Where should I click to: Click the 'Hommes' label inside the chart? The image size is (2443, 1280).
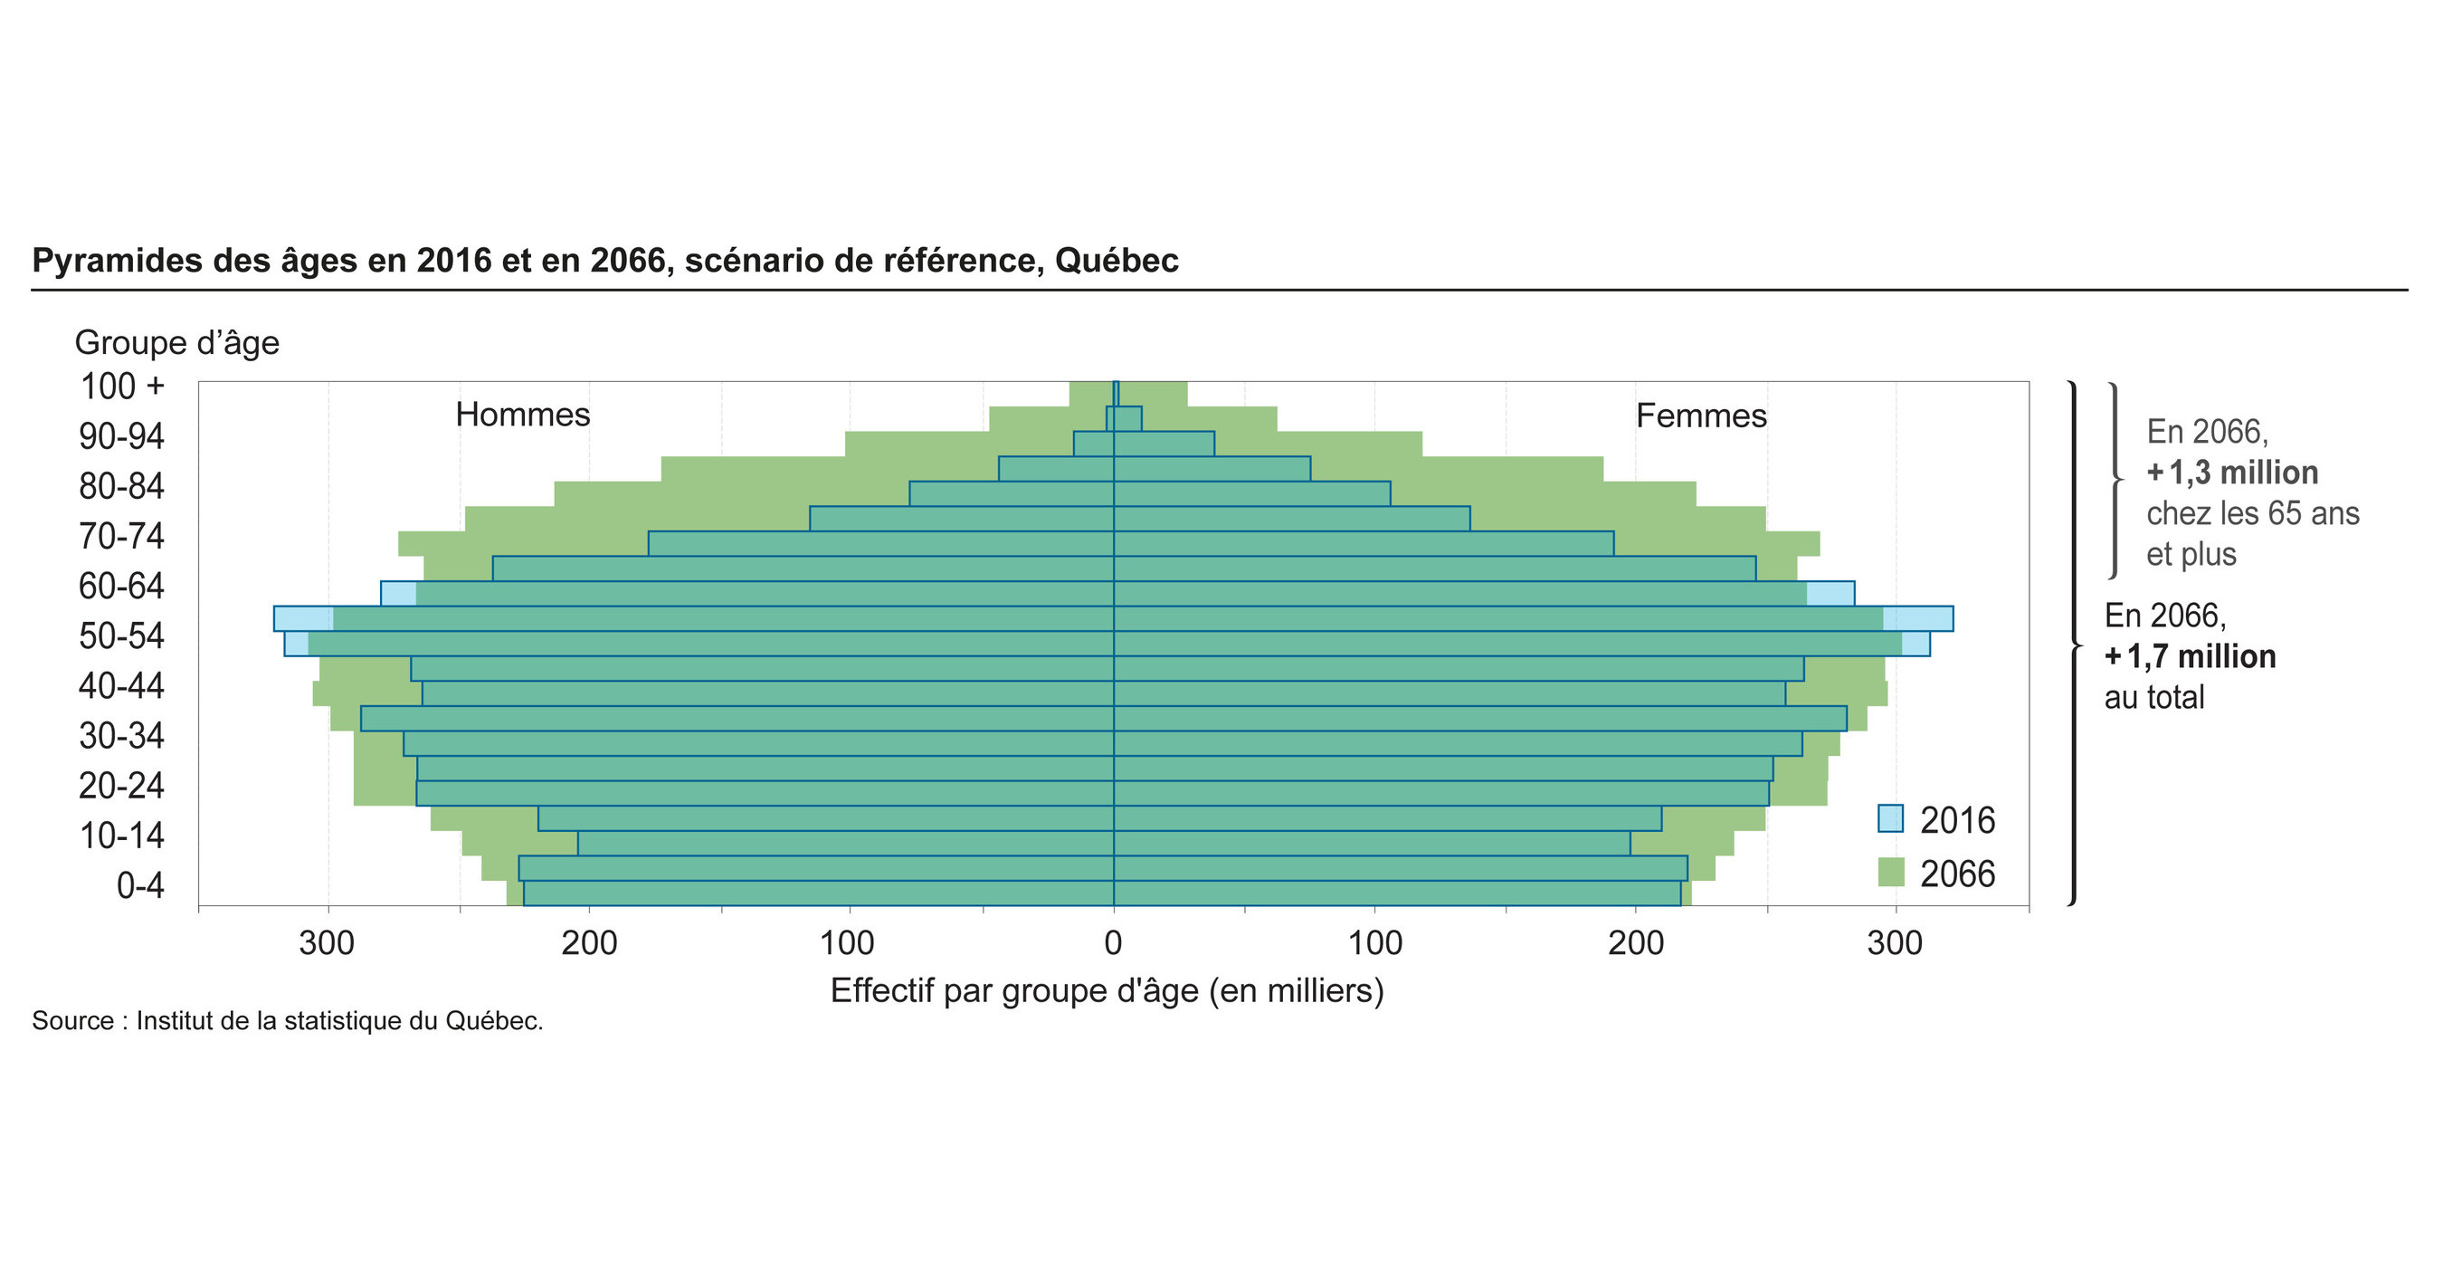click(x=523, y=415)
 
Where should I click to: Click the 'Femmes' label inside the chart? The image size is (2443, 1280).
click(x=1701, y=416)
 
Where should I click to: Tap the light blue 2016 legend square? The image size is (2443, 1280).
click(x=1890, y=818)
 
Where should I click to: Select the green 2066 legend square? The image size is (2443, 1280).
click(x=1890, y=872)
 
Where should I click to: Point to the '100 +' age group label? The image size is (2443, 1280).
click(x=122, y=387)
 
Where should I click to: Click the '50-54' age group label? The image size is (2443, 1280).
click(x=121, y=635)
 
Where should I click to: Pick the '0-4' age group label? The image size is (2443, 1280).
click(x=140, y=885)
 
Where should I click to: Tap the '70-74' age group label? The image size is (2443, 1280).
click(x=121, y=536)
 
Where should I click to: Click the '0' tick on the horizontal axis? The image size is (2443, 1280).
click(x=1114, y=943)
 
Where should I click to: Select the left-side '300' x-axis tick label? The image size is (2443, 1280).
click(x=328, y=943)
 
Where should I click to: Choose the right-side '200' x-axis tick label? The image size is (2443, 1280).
click(x=1636, y=943)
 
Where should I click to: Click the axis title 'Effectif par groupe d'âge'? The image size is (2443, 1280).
click(x=1107, y=990)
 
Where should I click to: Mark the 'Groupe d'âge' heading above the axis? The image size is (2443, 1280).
click(x=176, y=342)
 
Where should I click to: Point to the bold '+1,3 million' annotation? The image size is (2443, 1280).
click(x=2232, y=473)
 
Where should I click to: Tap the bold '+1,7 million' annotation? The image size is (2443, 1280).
click(x=2190, y=656)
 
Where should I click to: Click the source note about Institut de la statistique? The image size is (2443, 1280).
click(x=288, y=1021)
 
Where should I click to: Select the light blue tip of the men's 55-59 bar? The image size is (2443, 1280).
click(x=303, y=618)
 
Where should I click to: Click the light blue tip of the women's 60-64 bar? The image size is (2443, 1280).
click(x=1830, y=593)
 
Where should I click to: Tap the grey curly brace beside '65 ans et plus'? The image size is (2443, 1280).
click(x=2115, y=479)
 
